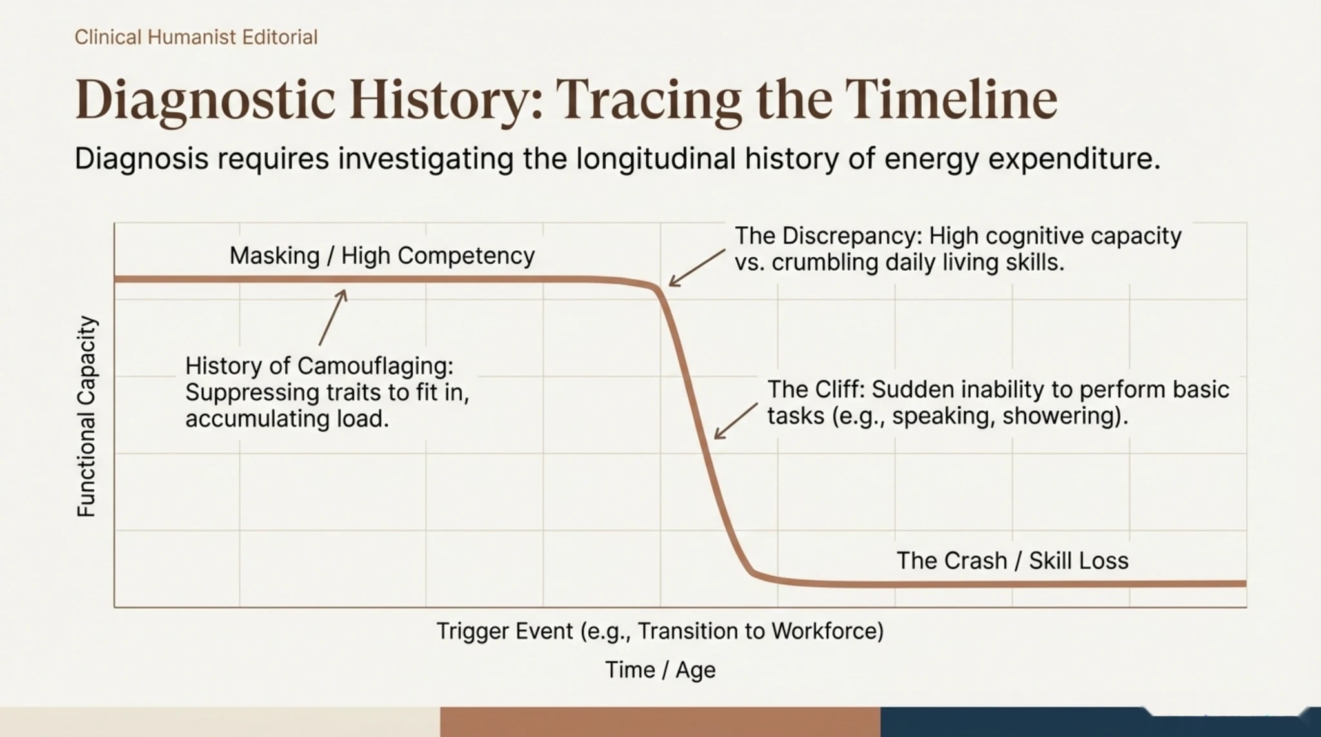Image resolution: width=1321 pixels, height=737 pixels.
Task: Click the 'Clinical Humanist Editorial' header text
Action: [x=196, y=37]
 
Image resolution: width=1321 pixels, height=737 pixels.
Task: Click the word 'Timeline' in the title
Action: [x=951, y=99]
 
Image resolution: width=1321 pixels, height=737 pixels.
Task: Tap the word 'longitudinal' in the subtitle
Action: [x=656, y=159]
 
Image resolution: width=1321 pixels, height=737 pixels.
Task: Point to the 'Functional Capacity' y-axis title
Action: [x=86, y=417]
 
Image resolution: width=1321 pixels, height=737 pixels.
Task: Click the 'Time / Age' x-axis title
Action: [x=660, y=669]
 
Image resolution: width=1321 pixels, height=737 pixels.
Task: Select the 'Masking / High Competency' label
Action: [x=382, y=256]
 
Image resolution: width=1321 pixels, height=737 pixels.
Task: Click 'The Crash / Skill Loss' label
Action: [x=1013, y=560]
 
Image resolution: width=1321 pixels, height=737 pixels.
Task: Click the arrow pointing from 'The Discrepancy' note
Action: [x=697, y=268]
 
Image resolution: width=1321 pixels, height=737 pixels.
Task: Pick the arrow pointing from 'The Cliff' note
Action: [x=736, y=421]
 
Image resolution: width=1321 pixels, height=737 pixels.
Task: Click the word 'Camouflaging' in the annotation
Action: [x=375, y=366]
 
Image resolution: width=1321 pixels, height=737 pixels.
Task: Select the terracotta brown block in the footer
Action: [x=660, y=722]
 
